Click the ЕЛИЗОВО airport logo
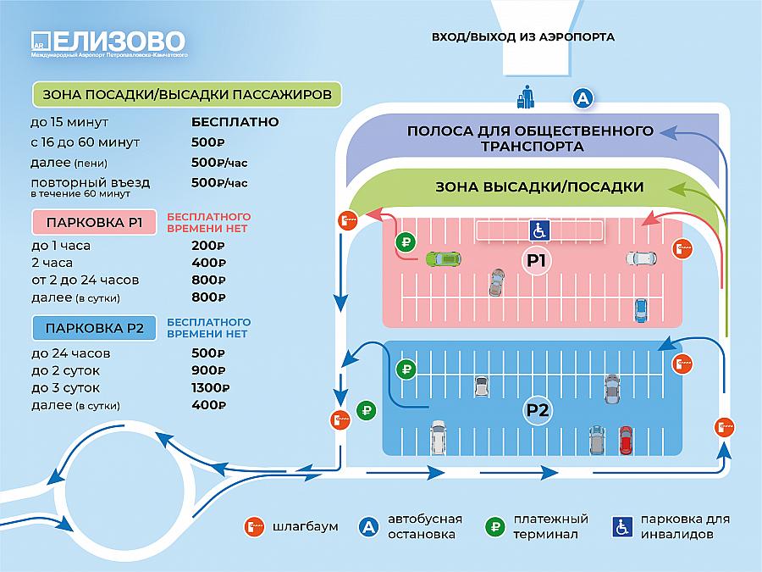tap(108, 44)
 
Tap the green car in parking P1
tap(443, 258)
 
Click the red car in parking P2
tap(626, 440)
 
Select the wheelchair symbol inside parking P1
tap(539, 230)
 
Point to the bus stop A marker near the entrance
tap(583, 98)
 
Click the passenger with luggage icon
tap(525, 97)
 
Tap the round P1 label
tap(536, 261)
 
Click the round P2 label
tap(538, 410)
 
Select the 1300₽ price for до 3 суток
tap(211, 387)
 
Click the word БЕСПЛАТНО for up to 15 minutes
tap(235, 121)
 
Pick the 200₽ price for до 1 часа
tap(208, 246)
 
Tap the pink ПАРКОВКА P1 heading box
tap(94, 222)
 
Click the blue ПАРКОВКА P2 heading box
tap(94, 328)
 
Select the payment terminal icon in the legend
tap(495, 526)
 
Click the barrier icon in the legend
tap(254, 526)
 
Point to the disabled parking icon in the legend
tap(622, 526)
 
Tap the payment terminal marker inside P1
tap(406, 242)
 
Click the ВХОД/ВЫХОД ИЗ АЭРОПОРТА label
tap(523, 37)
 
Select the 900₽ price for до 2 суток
tap(208, 370)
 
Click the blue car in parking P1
tap(641, 310)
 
